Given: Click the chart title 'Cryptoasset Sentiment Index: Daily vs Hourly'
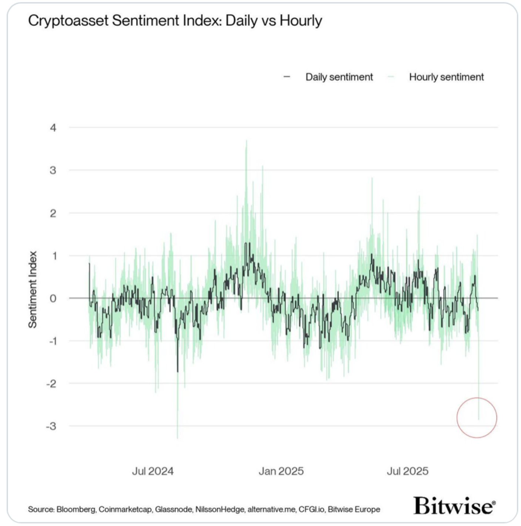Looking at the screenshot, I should [x=175, y=21].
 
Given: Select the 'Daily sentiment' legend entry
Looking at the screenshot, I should [x=339, y=77].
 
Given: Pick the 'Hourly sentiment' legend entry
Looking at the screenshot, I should [x=446, y=77].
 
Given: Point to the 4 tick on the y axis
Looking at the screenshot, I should [x=53, y=128].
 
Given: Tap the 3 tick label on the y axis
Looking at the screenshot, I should [x=53, y=171].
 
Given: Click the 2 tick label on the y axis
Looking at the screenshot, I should [x=53, y=213].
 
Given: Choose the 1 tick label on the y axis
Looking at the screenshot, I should [x=54, y=256].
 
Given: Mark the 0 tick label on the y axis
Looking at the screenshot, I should [x=53, y=299].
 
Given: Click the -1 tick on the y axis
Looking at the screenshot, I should [x=53, y=341].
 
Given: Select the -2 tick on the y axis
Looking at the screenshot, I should [x=52, y=384].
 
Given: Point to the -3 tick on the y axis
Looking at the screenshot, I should [x=51, y=426].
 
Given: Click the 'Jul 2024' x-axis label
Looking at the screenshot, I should [x=153, y=471].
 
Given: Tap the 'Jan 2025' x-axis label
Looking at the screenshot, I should [x=281, y=471].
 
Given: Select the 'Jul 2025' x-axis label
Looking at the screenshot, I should [x=408, y=471].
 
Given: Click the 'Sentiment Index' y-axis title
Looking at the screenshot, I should [x=33, y=289].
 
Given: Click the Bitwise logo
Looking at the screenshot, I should [x=454, y=505].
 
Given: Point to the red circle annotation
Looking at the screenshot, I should [x=477, y=418].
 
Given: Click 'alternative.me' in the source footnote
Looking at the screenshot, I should [x=272, y=510].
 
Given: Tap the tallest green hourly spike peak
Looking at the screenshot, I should [x=246, y=141].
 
